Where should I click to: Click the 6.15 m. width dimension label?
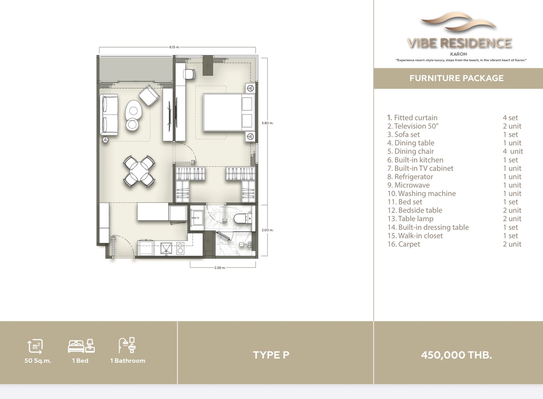coord(174,47)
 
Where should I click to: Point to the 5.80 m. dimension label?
coord(267,123)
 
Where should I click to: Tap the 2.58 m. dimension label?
coord(220,268)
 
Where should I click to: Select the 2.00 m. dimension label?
coord(267,230)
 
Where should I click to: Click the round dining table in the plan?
coord(139,171)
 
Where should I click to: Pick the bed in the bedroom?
coord(229,112)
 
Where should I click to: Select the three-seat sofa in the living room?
coord(109,114)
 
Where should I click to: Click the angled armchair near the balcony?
coord(149,95)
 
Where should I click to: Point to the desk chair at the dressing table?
coord(189,74)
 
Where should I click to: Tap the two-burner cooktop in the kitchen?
coord(180,248)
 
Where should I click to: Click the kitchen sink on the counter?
coord(166,248)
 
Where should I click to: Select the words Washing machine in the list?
coord(427,193)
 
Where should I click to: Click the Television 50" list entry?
coord(413,126)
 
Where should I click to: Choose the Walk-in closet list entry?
coord(415,236)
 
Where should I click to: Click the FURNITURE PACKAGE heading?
coord(456,78)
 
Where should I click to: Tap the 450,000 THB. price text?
coord(456,355)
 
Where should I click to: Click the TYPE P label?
coord(271,355)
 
